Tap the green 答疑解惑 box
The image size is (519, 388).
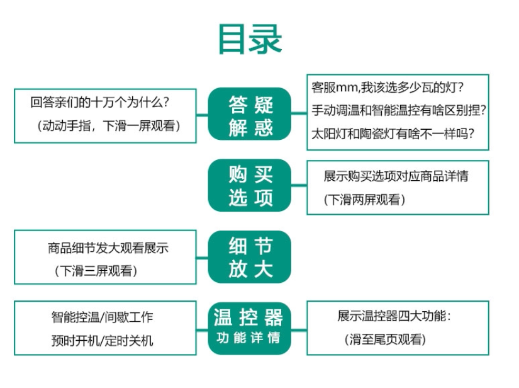250,114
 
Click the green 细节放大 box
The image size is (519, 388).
250,256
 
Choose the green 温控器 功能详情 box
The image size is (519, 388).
250,328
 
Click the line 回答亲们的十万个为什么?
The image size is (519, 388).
101,101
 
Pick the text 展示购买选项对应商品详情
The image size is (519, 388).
396,176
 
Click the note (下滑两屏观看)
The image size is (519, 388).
365,200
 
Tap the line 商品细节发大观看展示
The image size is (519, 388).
108,248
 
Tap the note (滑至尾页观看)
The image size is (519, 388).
385,340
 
